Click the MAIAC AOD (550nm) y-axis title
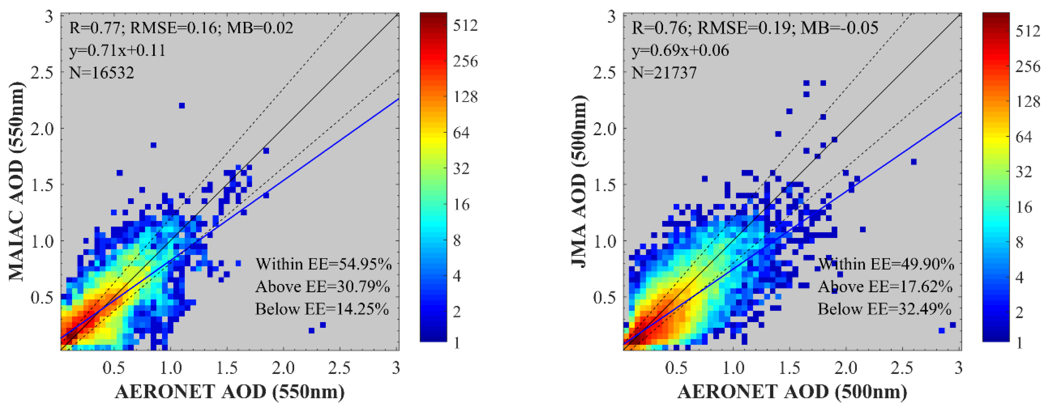(16, 181)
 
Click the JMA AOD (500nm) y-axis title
(579, 181)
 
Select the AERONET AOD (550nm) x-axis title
(230, 392)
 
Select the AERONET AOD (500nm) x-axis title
(792, 392)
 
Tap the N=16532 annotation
(102, 73)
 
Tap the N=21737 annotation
(664, 73)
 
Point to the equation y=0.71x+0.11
(117, 50)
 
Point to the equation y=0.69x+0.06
(680, 50)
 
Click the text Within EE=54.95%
(323, 264)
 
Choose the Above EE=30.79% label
(323, 287)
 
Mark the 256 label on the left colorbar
(465, 62)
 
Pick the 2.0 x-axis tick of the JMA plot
(846, 368)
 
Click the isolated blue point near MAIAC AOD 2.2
(182, 106)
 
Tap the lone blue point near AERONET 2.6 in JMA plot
(914, 162)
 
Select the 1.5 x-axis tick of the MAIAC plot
(227, 368)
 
